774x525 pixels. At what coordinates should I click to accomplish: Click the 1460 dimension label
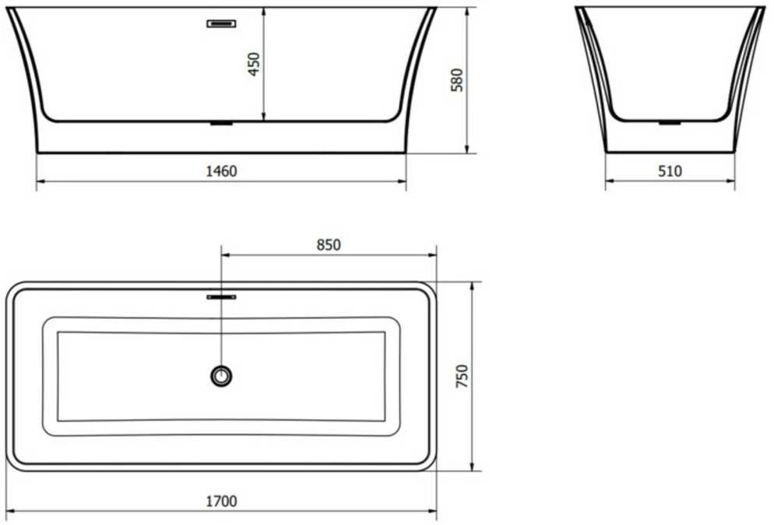221,171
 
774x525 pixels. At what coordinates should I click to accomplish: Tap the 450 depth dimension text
254,64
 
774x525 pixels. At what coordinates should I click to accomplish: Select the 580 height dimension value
457,80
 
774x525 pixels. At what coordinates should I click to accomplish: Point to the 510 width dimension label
670,171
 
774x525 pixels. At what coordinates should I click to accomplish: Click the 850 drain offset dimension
329,244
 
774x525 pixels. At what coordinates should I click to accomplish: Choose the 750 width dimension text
462,376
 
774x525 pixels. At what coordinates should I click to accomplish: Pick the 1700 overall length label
221,502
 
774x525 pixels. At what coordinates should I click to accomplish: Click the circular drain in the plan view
221,376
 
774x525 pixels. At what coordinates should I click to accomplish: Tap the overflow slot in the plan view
221,297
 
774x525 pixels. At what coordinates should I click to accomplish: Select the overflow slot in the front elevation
221,23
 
